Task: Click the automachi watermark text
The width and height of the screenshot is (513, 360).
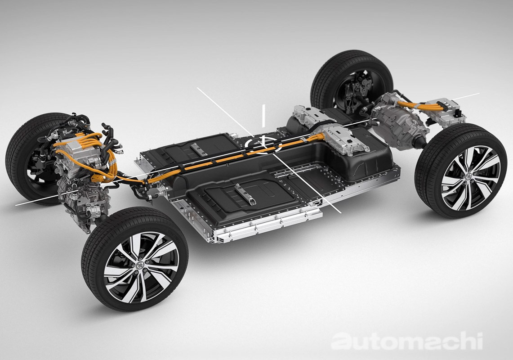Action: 407,341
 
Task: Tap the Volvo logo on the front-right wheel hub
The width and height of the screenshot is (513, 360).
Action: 140,265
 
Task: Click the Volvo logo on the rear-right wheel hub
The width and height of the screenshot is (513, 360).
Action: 468,177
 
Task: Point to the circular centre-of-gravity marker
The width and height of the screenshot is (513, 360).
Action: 263,144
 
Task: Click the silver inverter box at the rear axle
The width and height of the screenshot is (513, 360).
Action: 445,112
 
